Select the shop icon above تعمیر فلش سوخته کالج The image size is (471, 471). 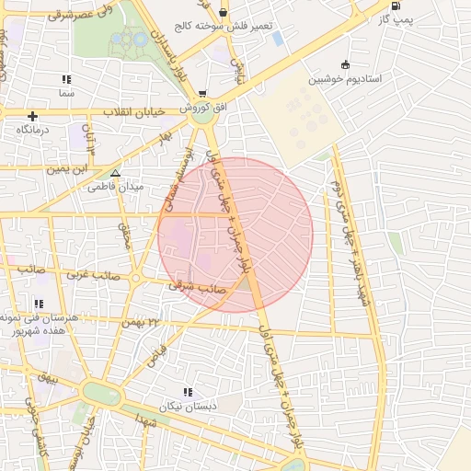[x=224, y=13]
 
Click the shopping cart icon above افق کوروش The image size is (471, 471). [x=201, y=94]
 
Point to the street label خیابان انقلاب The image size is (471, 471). [x=133, y=111]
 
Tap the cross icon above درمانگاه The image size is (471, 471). [x=33, y=116]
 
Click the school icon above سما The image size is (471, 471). [x=66, y=79]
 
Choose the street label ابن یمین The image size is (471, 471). [x=72, y=169]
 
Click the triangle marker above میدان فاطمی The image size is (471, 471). [x=115, y=172]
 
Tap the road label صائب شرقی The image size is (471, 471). [x=190, y=286]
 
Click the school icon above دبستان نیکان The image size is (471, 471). [x=188, y=392]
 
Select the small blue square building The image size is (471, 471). [x=278, y=39]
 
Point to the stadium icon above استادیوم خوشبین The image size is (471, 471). [x=345, y=64]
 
